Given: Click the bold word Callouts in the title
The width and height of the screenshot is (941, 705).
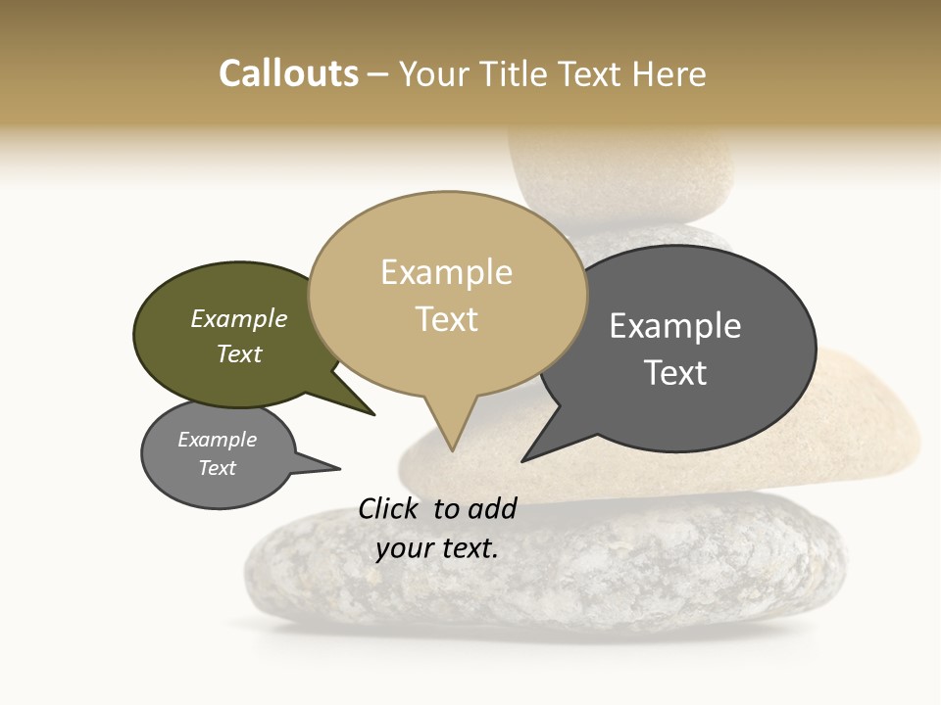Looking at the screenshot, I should (288, 73).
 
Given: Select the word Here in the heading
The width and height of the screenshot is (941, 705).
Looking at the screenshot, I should (669, 73).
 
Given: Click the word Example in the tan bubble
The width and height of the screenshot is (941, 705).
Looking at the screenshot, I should (446, 272).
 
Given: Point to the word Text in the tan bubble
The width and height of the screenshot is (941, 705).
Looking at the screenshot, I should (447, 319).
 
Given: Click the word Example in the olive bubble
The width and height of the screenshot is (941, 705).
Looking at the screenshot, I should (239, 318).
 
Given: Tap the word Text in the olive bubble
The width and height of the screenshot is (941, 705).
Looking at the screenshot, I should (239, 353).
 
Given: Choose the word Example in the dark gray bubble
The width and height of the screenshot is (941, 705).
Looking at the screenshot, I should (675, 325).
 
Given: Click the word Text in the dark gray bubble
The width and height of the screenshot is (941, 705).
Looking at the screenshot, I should (675, 373).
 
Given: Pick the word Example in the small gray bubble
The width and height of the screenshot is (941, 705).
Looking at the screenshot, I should (218, 440).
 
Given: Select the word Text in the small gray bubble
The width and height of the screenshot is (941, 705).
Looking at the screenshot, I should (218, 468).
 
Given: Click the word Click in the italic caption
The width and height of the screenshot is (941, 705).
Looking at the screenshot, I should (389, 508).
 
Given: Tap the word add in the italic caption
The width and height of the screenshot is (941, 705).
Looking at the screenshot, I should (492, 508).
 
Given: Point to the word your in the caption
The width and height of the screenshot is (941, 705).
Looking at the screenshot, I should (404, 548).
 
